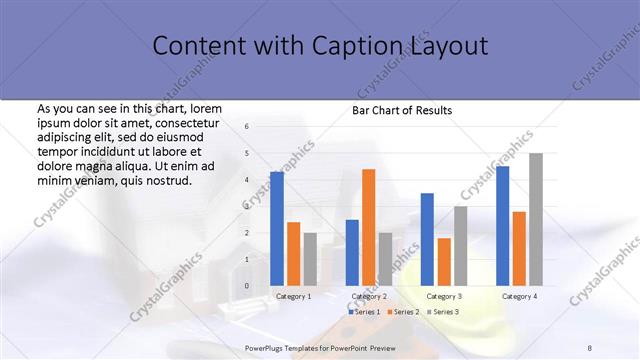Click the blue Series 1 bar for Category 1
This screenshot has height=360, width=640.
(277, 229)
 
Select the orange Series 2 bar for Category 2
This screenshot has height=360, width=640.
(369, 227)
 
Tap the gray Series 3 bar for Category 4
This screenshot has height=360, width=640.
(536, 219)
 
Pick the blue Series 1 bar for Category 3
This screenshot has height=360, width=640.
(427, 239)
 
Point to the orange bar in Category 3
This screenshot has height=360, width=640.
(444, 262)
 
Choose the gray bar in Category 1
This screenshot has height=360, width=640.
(310, 259)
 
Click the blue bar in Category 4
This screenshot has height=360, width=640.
(502, 226)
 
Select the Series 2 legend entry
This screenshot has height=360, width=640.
(403, 312)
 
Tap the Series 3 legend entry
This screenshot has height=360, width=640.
(443, 312)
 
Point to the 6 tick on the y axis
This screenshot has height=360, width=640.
(247, 127)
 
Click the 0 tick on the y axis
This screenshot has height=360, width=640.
(247, 286)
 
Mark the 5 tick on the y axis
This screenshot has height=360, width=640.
(247, 153)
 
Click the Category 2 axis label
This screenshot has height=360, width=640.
(369, 296)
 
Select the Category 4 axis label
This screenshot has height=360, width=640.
(519, 296)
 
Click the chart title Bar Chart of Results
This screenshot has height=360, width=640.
(402, 110)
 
